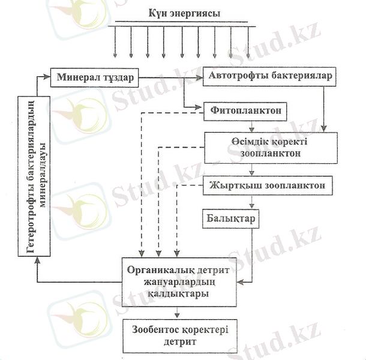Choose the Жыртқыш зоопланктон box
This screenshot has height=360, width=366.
267,185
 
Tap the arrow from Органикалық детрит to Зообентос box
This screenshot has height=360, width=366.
176,313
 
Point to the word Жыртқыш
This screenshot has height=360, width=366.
230,185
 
